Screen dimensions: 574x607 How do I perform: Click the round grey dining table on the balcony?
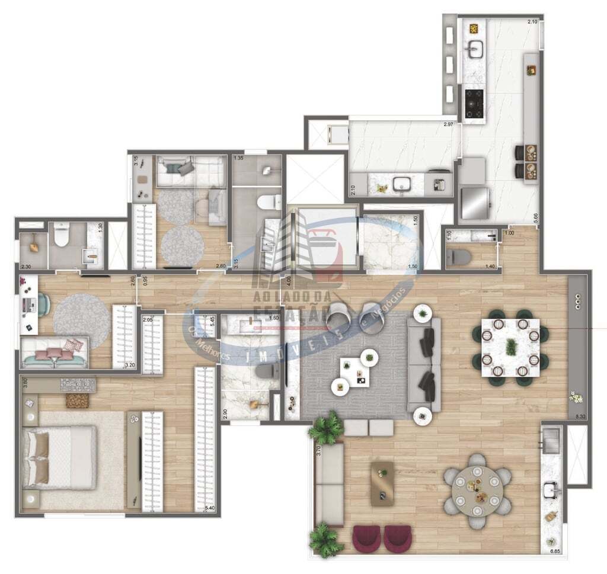coord(477,490)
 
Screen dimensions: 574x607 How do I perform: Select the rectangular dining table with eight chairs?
coord(510,347)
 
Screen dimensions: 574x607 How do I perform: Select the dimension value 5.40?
coord(209,508)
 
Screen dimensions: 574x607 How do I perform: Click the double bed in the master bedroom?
coord(59,457)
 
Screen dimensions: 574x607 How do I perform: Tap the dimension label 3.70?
coord(318,450)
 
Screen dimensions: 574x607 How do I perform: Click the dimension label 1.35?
coord(239,158)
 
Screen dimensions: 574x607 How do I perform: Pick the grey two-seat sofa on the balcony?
coord(329,485)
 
